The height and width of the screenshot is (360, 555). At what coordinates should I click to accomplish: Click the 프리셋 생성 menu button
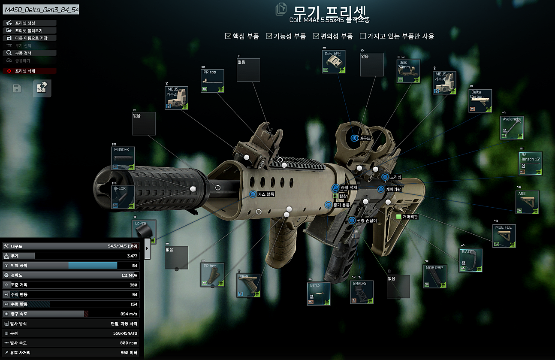pos(30,23)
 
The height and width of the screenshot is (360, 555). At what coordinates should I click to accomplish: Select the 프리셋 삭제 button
pos(30,71)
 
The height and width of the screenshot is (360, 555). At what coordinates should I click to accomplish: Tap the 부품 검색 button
pos(30,53)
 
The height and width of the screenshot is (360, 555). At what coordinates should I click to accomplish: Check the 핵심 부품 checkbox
pos(228,36)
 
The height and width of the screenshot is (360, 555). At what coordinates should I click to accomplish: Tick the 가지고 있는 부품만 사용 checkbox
pos(363,36)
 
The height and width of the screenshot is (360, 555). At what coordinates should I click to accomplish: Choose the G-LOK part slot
pos(123,197)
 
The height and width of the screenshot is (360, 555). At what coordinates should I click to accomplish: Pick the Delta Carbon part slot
pos(480,101)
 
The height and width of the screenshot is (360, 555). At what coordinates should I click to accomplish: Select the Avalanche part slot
pos(512,127)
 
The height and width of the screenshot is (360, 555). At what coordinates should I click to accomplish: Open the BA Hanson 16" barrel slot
pos(531,163)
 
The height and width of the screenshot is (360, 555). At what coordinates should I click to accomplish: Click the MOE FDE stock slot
pos(504,236)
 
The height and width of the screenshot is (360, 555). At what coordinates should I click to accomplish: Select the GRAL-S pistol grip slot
pos(362,292)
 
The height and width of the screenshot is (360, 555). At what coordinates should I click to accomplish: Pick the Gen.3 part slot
pos(319,293)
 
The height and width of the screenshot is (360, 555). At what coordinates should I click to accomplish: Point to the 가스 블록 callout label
pos(265,194)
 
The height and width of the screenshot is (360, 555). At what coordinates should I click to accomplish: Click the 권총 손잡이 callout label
pos(366,221)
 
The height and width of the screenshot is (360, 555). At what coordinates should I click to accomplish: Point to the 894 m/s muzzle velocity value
pos(128,314)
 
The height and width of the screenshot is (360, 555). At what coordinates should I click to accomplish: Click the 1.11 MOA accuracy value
pos(129,275)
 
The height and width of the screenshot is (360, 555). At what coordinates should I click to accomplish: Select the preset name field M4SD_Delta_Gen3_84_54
pos(41,10)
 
